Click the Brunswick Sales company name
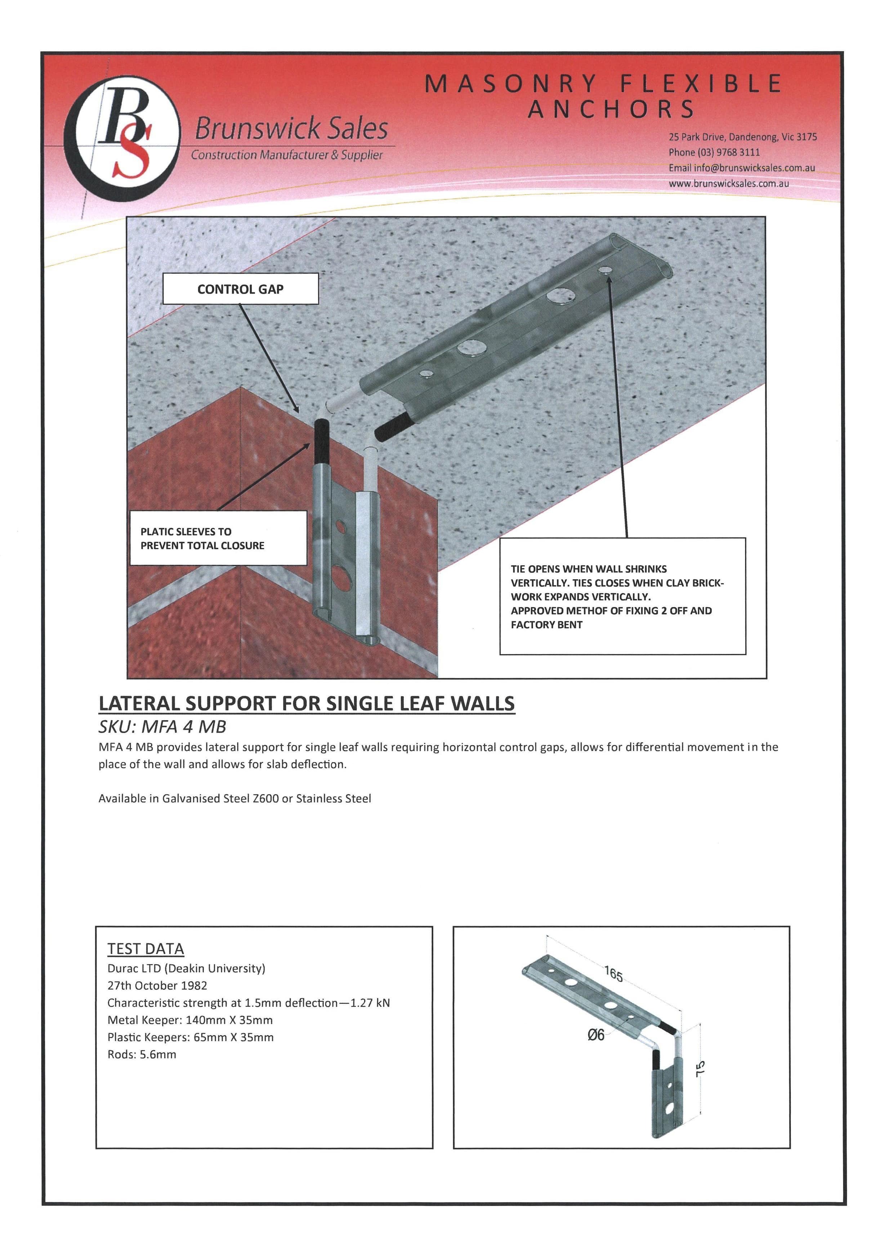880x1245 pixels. pos(291,129)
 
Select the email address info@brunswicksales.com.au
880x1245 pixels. pos(754,168)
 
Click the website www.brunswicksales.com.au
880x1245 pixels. pos(729,183)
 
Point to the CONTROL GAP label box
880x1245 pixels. pos(240,289)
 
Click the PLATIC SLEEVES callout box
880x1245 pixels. pos(218,538)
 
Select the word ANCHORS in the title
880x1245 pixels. pos(612,109)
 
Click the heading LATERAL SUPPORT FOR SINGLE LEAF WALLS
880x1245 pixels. pos(306,703)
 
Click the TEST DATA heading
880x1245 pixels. pos(145,949)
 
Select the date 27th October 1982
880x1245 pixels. pos(157,985)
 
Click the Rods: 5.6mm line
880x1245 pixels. pos(142,1054)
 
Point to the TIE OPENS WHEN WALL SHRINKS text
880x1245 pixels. pos(588,569)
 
